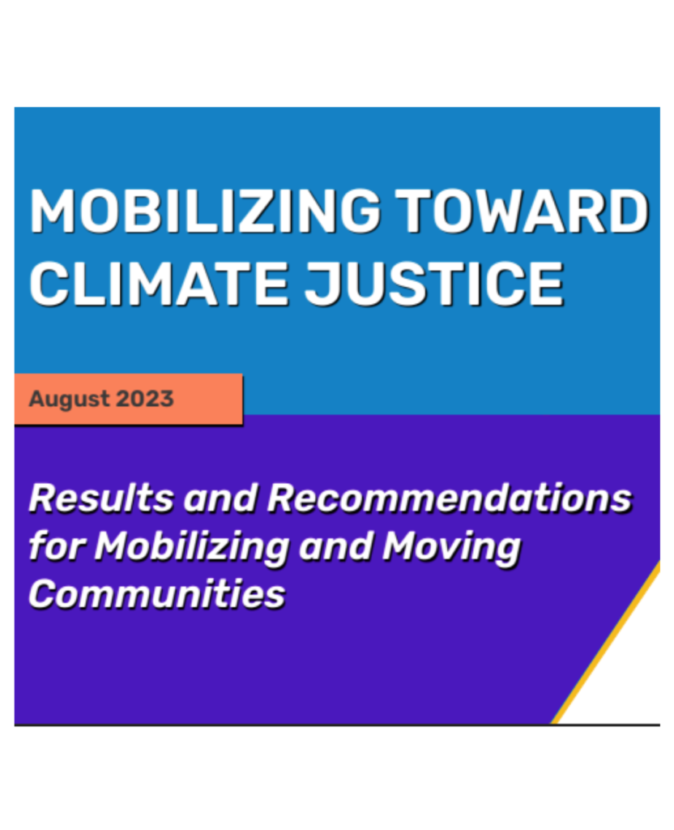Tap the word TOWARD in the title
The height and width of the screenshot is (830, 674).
click(x=526, y=212)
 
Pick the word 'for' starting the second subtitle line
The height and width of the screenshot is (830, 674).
click(x=56, y=546)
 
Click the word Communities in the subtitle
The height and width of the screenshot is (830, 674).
click(x=157, y=594)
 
